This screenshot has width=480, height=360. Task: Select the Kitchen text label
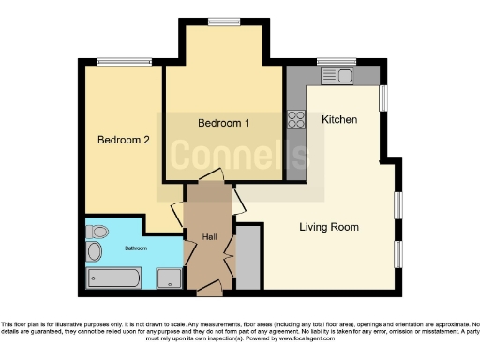[x=338, y=120]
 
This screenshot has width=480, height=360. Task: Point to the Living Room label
[x=328, y=227]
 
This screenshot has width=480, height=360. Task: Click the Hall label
[x=210, y=236]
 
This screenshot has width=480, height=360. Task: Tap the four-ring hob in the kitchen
[x=297, y=119]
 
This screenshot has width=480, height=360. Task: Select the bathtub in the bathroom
[x=113, y=277]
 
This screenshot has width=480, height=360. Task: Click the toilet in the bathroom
[x=96, y=232]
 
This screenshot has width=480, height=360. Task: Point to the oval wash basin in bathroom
[x=94, y=252]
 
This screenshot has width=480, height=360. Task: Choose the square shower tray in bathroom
[x=170, y=277]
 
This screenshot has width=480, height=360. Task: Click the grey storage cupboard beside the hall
[x=247, y=257]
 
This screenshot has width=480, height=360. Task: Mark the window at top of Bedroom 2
[x=123, y=63]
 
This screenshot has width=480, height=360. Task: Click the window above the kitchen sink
[x=334, y=62]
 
